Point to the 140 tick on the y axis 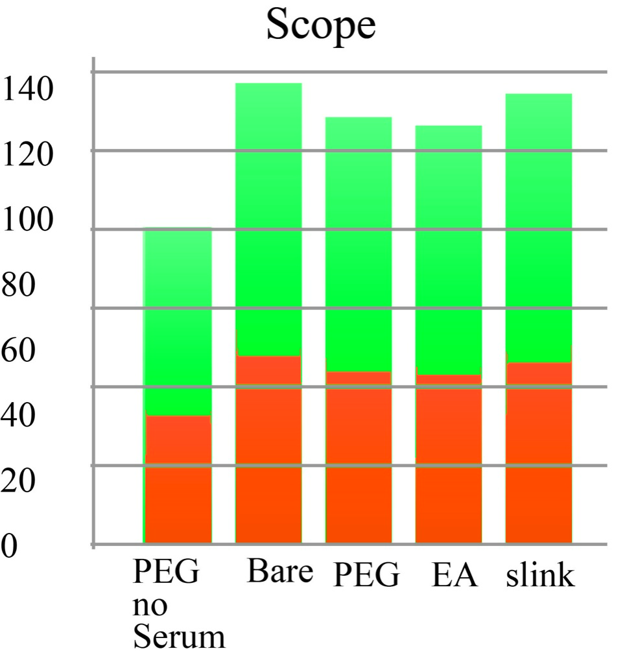point(27,89)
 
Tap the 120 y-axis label point(27,155)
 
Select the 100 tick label point(27,220)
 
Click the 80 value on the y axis point(19,285)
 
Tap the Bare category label point(279,573)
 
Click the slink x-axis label point(540,575)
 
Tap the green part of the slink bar point(539,227)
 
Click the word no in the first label point(150,607)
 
